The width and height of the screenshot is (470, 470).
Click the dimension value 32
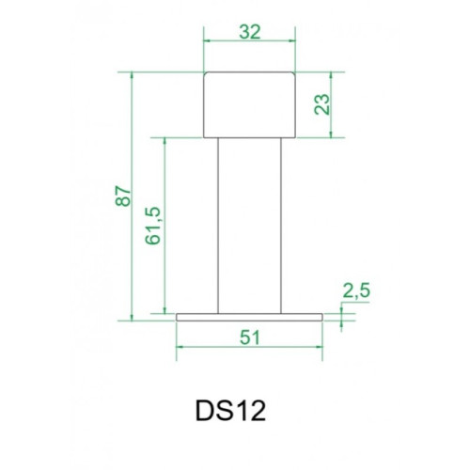(249, 31)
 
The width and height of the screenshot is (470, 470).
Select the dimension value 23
(322, 104)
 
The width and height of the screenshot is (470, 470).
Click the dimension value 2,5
(357, 293)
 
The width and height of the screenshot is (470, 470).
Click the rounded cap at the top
(249, 104)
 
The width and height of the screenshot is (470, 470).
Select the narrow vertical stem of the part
(249, 226)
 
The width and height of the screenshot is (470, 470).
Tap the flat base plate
(249, 317)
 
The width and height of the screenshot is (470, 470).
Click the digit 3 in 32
(243, 31)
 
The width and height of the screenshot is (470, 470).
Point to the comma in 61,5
(156, 222)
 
